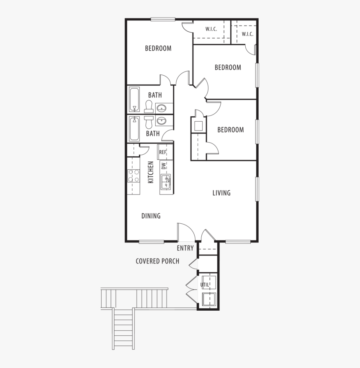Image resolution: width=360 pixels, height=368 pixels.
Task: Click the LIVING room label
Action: click(x=221, y=193)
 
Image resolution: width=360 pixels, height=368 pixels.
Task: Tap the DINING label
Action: click(x=151, y=216)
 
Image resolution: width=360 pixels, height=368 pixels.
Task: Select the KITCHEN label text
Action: click(x=151, y=172)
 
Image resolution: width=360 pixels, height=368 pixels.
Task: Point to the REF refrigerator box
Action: click(x=165, y=152)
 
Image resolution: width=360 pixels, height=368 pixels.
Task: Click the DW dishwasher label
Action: click(x=164, y=166)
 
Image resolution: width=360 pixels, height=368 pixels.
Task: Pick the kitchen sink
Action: click(x=166, y=182)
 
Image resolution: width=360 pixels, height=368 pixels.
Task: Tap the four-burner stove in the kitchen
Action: click(x=134, y=176)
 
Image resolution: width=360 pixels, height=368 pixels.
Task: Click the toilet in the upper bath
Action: click(x=149, y=107)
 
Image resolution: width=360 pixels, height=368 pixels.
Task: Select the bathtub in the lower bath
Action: click(x=134, y=129)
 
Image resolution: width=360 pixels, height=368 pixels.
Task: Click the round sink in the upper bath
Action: click(x=162, y=108)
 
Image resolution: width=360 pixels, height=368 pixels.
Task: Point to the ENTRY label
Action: click(x=185, y=248)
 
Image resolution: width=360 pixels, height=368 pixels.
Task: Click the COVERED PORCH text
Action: click(x=157, y=261)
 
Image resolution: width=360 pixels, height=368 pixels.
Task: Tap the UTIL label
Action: click(x=205, y=285)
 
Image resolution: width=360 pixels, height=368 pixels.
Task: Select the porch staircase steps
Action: click(x=123, y=329)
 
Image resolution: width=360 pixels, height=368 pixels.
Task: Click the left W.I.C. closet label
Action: click(x=211, y=29)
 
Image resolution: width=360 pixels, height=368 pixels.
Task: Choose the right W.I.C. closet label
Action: click(x=247, y=34)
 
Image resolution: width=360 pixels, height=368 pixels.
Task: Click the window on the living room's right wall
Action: click(x=257, y=189)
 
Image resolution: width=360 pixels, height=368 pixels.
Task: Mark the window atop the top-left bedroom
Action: click(x=163, y=19)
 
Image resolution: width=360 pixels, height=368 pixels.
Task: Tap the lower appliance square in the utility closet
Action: click(x=209, y=299)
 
